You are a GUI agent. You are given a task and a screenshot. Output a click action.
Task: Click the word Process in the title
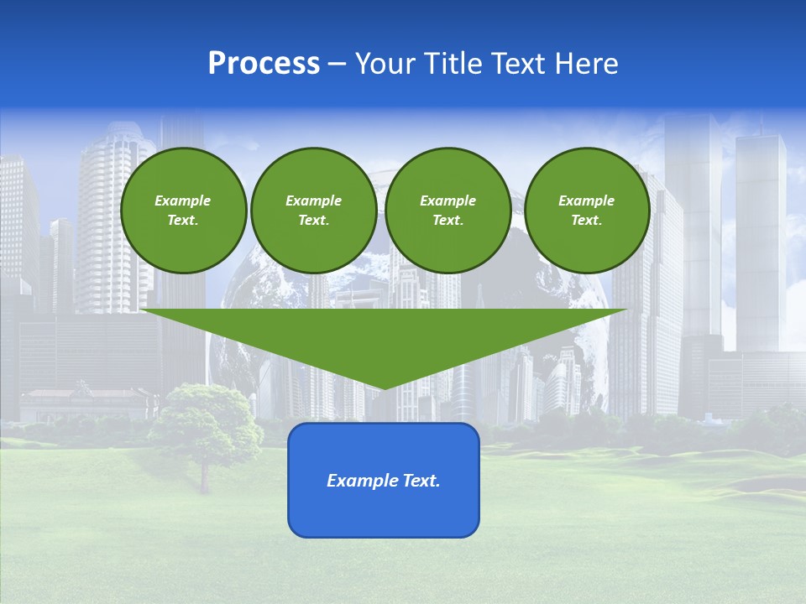[264, 64]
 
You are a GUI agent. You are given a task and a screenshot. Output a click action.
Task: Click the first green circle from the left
[184, 211]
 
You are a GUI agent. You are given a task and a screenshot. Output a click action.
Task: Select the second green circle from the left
[314, 211]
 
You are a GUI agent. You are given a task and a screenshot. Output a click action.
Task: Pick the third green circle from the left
[448, 211]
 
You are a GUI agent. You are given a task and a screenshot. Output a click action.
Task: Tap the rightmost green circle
[587, 211]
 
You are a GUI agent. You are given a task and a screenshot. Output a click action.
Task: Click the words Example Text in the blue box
[384, 481]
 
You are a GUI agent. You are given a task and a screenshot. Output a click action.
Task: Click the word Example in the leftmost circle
[183, 200]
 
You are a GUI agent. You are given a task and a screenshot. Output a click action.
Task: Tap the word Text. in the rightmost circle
[587, 221]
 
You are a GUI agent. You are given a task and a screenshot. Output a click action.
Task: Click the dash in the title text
[338, 64]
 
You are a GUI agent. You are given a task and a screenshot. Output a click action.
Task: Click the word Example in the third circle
[448, 200]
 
